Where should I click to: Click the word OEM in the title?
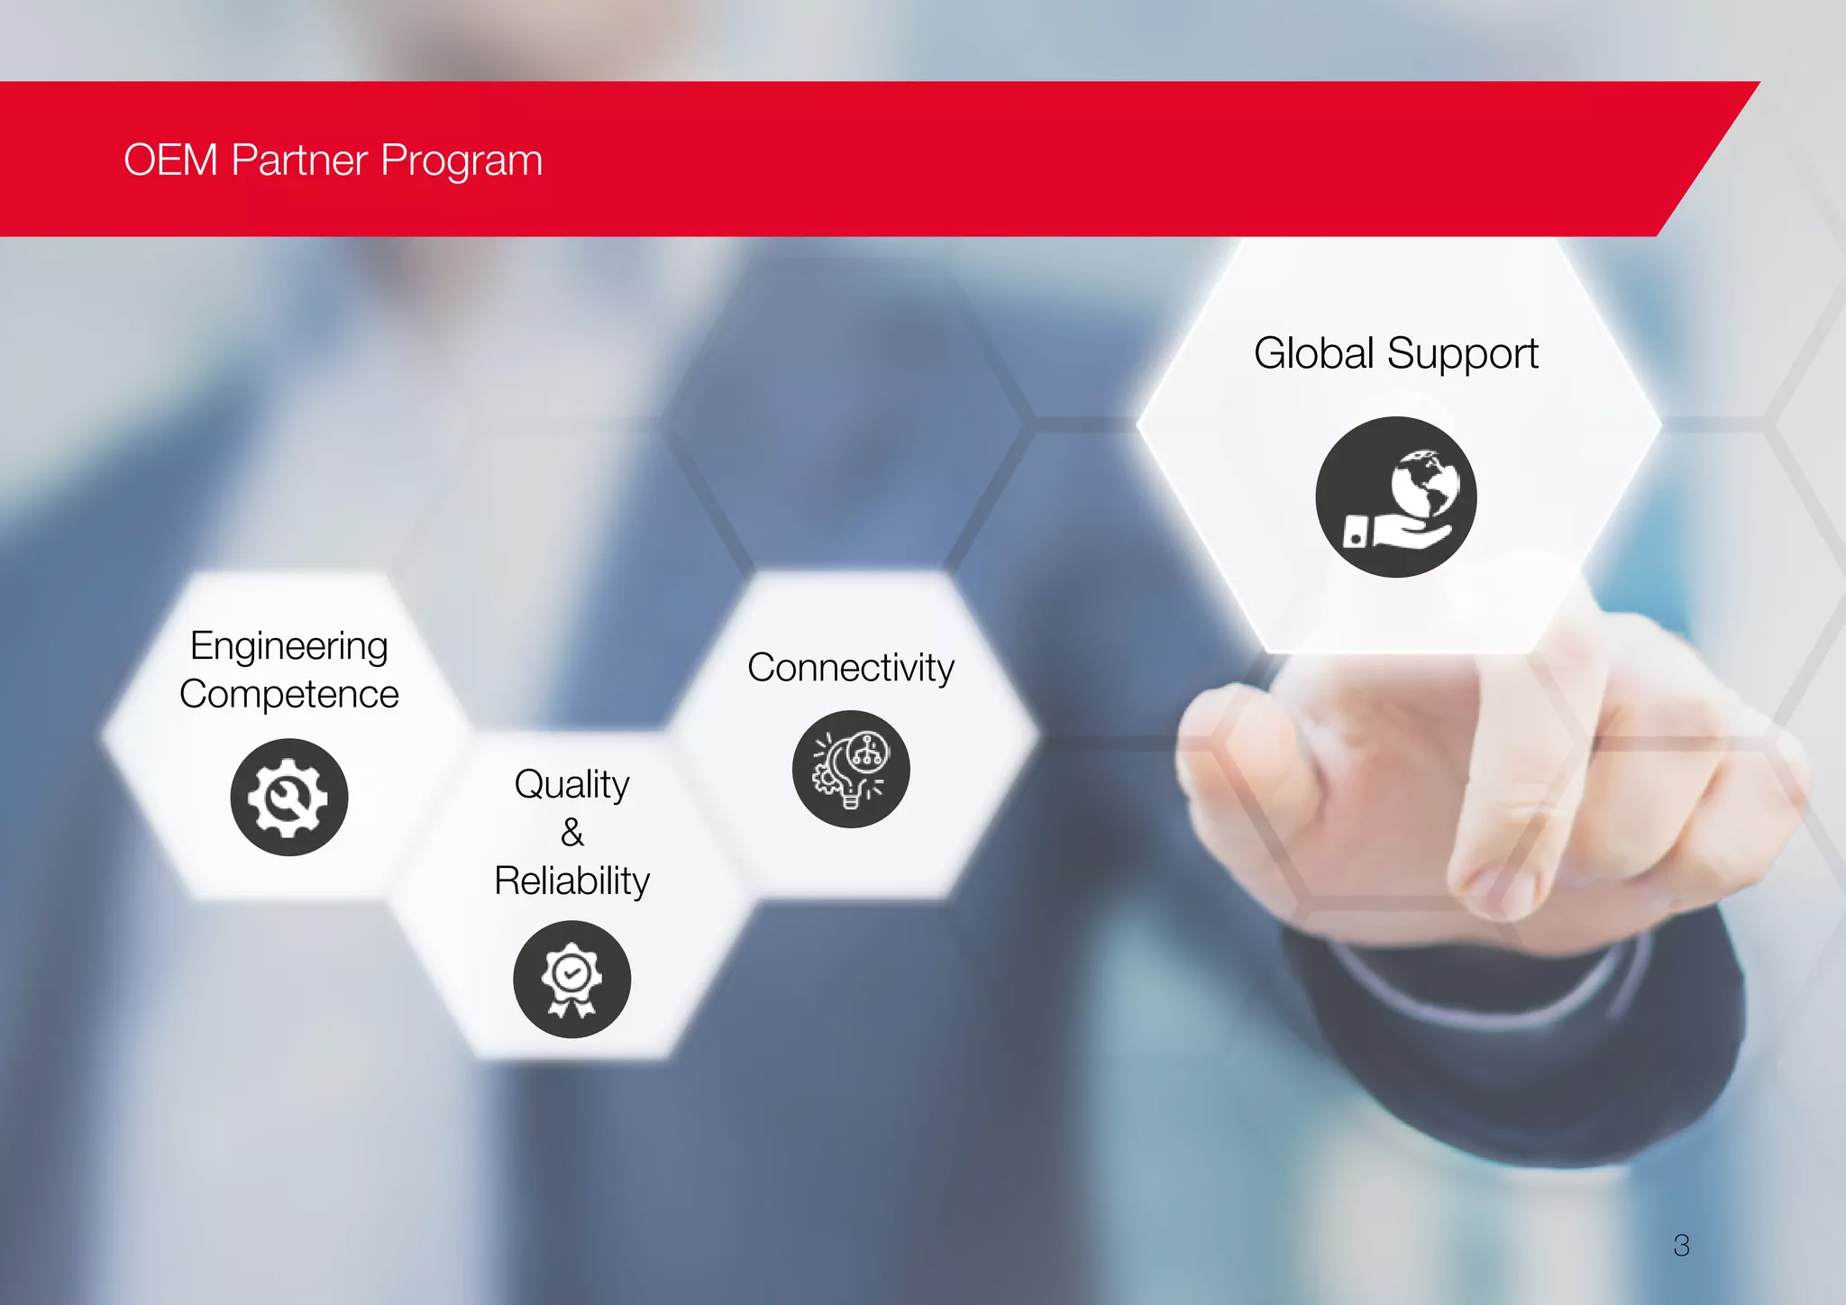(x=170, y=160)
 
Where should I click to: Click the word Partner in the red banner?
(x=299, y=160)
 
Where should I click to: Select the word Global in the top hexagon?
(x=1313, y=352)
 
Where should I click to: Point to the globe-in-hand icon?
(x=1395, y=497)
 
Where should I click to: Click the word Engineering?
(x=288, y=647)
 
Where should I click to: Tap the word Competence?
(x=288, y=695)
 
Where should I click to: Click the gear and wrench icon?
(x=288, y=797)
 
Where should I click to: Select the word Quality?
(x=571, y=785)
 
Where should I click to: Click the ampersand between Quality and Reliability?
(x=571, y=833)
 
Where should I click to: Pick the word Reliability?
(x=571, y=881)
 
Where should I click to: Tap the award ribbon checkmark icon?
(x=571, y=979)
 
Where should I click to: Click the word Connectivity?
(x=850, y=668)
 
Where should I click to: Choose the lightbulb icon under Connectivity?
(x=850, y=769)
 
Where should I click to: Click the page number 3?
(x=1681, y=1246)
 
